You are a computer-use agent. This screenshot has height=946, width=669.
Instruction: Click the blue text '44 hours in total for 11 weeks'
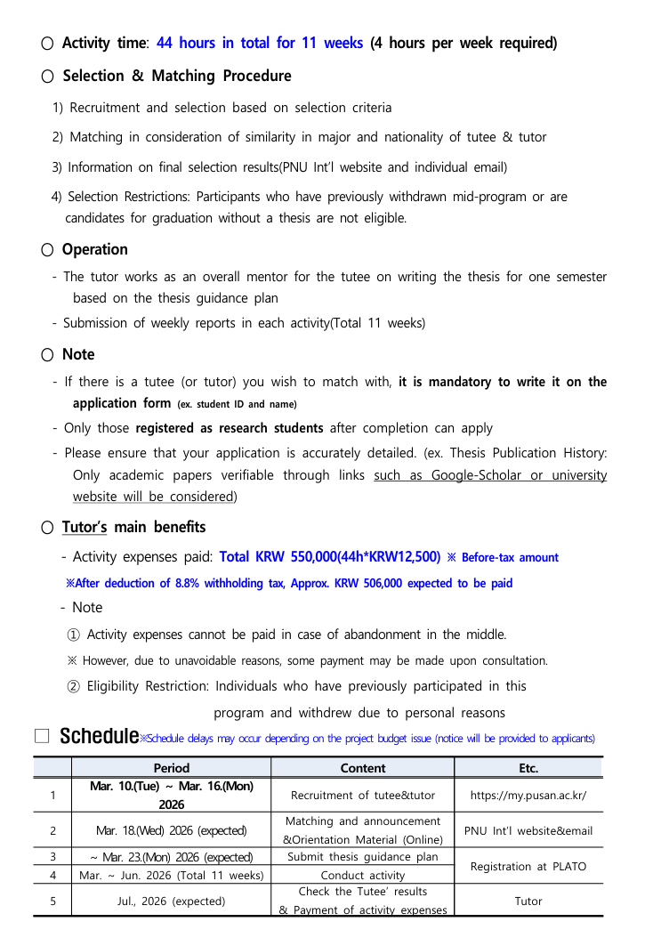click(260, 43)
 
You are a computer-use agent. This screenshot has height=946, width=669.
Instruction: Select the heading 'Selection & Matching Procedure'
click(177, 76)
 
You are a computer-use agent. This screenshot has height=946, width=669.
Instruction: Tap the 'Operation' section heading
click(95, 249)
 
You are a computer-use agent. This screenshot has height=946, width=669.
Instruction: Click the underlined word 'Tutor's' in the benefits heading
click(85, 527)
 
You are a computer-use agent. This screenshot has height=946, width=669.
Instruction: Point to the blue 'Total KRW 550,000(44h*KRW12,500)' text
click(330, 557)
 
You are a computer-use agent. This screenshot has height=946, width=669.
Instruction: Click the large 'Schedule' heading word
click(99, 737)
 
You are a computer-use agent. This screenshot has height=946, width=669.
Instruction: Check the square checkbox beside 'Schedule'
click(42, 736)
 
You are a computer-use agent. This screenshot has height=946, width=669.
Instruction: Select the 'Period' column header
click(171, 768)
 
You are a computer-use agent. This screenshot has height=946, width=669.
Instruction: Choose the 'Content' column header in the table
click(363, 768)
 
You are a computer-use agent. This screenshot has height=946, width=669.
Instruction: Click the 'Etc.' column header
click(528, 768)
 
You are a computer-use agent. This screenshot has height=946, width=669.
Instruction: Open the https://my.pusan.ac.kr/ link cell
click(528, 796)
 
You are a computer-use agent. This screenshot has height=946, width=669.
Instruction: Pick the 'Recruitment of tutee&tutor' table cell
click(363, 796)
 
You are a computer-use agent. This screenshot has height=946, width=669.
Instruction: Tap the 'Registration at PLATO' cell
click(528, 866)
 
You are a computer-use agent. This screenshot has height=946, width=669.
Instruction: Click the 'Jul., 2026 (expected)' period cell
click(171, 901)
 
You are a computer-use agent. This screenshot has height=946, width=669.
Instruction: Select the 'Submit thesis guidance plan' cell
click(363, 857)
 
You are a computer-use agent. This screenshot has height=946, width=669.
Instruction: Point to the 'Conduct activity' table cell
click(363, 876)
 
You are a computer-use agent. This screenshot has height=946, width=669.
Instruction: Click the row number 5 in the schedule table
click(53, 901)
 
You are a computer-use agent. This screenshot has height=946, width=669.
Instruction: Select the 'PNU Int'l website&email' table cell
click(528, 831)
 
